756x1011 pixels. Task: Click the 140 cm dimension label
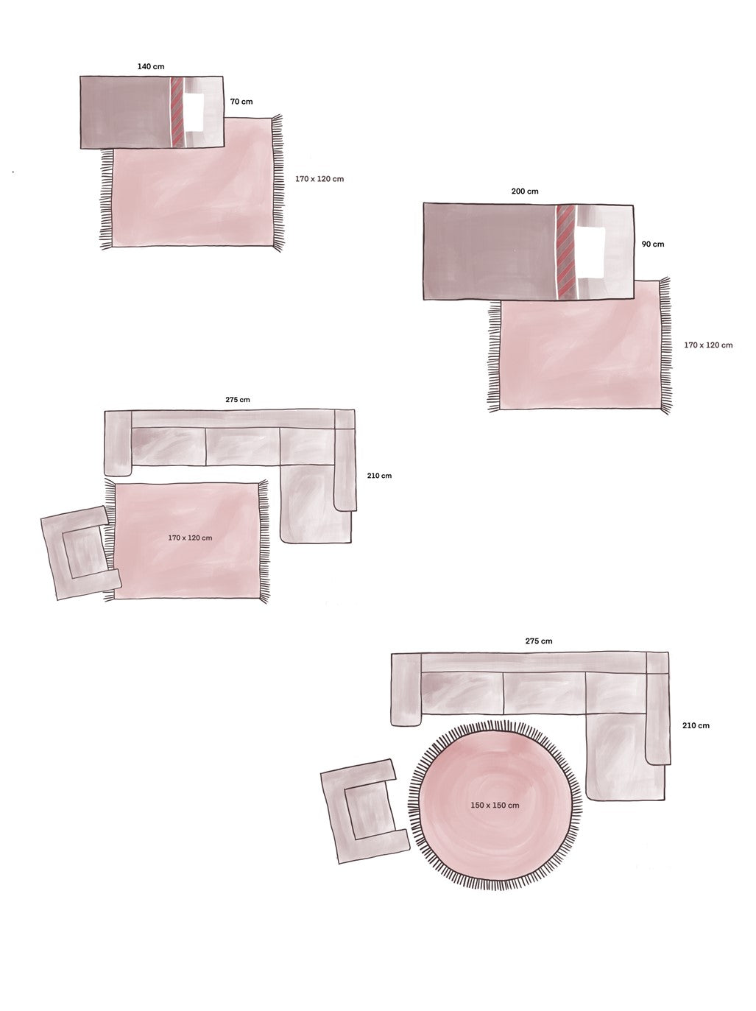coord(150,67)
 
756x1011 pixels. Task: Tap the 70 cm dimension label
coord(241,102)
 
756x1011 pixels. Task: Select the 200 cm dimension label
coord(524,191)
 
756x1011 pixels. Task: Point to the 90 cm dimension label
coord(652,244)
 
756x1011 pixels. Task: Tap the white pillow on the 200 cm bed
coord(592,251)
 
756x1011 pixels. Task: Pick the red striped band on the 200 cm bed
coord(565,251)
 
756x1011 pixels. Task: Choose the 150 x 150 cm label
coord(495,806)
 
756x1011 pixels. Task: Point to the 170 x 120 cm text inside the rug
coord(190,538)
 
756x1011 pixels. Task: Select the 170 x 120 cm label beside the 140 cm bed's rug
coord(318,179)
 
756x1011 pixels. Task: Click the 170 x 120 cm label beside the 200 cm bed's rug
coord(708,345)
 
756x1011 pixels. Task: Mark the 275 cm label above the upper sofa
coord(237,400)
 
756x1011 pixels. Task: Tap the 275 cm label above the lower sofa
coord(538,641)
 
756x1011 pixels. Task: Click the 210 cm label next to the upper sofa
coord(379,476)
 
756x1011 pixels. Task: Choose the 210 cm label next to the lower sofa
coord(696,726)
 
